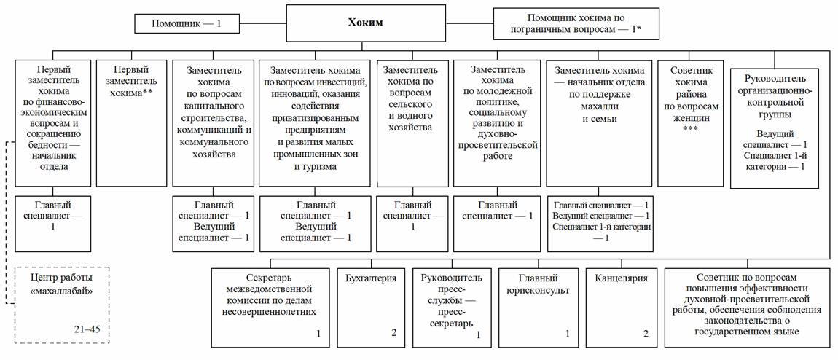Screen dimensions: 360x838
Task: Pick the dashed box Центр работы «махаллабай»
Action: pyautogui.click(x=61, y=305)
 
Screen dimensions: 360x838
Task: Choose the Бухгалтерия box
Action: pyautogui.click(x=370, y=306)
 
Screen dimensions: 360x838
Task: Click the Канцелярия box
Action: pyautogui.click(x=619, y=306)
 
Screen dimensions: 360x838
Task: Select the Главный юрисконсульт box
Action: pyautogui.click(x=538, y=306)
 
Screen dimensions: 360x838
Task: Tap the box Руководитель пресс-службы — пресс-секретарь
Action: pyautogui.click(x=452, y=306)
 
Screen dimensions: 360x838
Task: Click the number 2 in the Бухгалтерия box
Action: pyautogui.click(x=393, y=334)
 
